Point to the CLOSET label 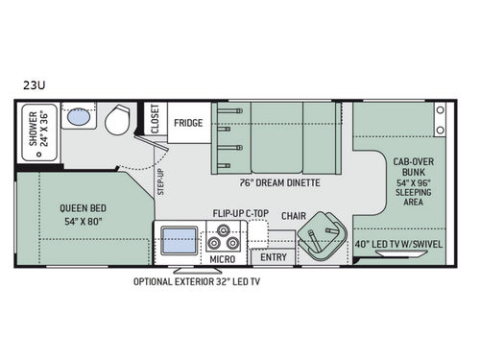coord(155,122)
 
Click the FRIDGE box coord(187,123)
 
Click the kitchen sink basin coord(180,239)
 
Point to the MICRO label coord(223,258)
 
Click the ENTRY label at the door coord(274,257)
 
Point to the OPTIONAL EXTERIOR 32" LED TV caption coord(222,281)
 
